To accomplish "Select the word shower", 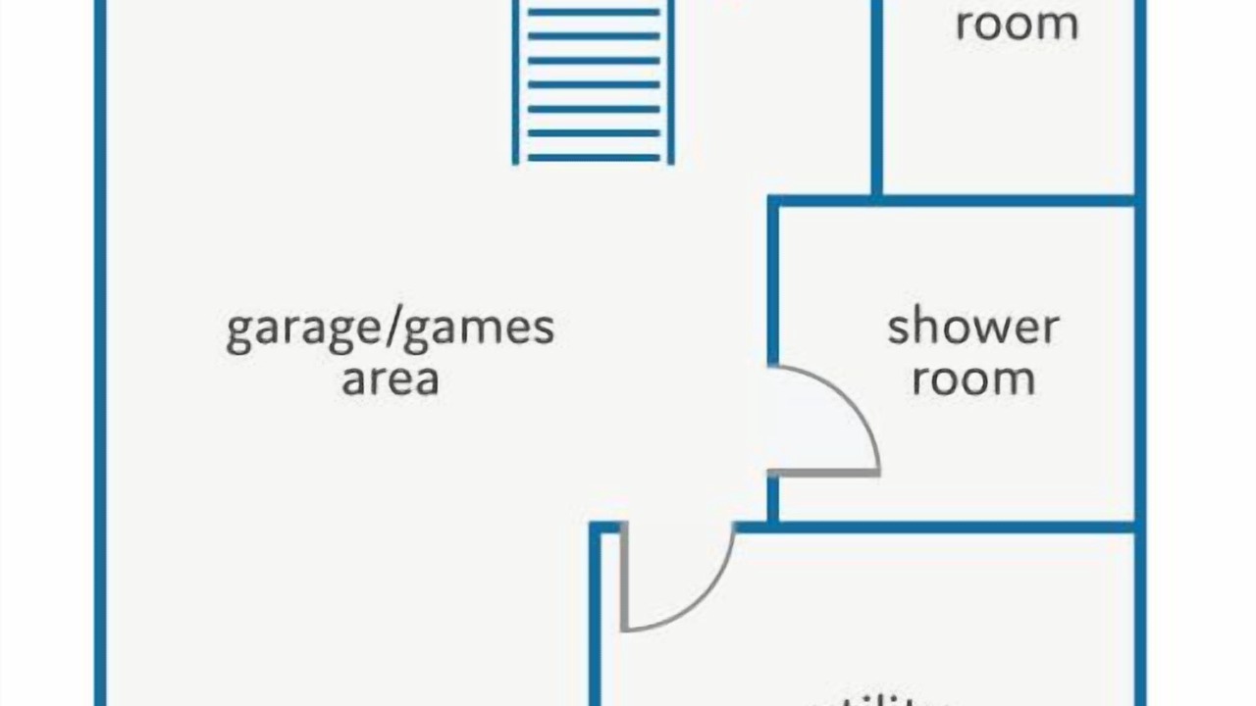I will point(972,328).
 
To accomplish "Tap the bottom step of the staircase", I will point(594,157).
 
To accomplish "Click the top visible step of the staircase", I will point(594,13).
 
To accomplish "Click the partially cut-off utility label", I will point(878,699).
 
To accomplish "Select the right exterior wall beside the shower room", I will point(1140,363).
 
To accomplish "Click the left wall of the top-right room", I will point(876,98).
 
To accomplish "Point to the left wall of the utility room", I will point(595,628).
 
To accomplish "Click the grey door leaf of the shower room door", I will point(824,473).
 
